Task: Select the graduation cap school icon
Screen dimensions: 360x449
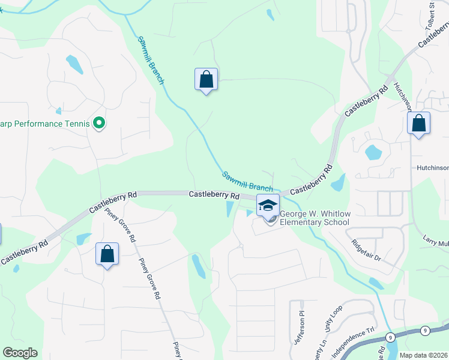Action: pyautogui.click(x=268, y=206)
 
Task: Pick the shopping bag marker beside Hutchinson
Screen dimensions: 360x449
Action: pyautogui.click(x=418, y=124)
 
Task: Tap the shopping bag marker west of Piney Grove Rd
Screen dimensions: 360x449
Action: pyautogui.click(x=107, y=254)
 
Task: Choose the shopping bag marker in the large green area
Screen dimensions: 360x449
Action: pyautogui.click(x=206, y=79)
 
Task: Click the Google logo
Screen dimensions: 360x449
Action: pyautogui.click(x=20, y=353)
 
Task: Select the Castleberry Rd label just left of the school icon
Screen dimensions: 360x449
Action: pyautogui.click(x=214, y=196)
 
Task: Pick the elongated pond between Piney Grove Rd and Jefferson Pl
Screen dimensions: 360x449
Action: pyautogui.click(x=198, y=266)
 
